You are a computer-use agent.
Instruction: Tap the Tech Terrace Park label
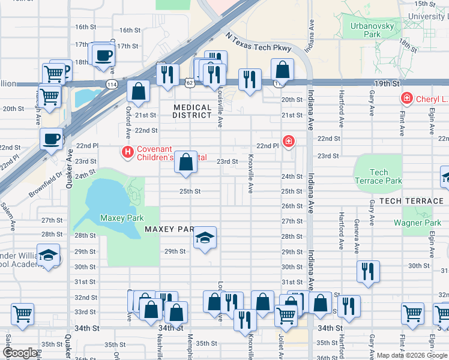pyautogui.click(x=378, y=176)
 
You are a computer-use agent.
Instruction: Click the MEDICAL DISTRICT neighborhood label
pyautogui.click(x=192, y=112)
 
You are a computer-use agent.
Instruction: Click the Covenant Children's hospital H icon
pyautogui.click(x=127, y=153)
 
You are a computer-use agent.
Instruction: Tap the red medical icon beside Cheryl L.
pyautogui.click(x=406, y=98)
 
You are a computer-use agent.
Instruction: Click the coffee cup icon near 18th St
pyautogui.click(x=103, y=55)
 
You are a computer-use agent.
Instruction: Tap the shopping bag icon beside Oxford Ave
pyautogui.click(x=139, y=92)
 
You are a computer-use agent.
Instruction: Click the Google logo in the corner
pyautogui.click(x=20, y=353)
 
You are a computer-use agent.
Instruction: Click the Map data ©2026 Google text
pyautogui.click(x=412, y=355)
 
